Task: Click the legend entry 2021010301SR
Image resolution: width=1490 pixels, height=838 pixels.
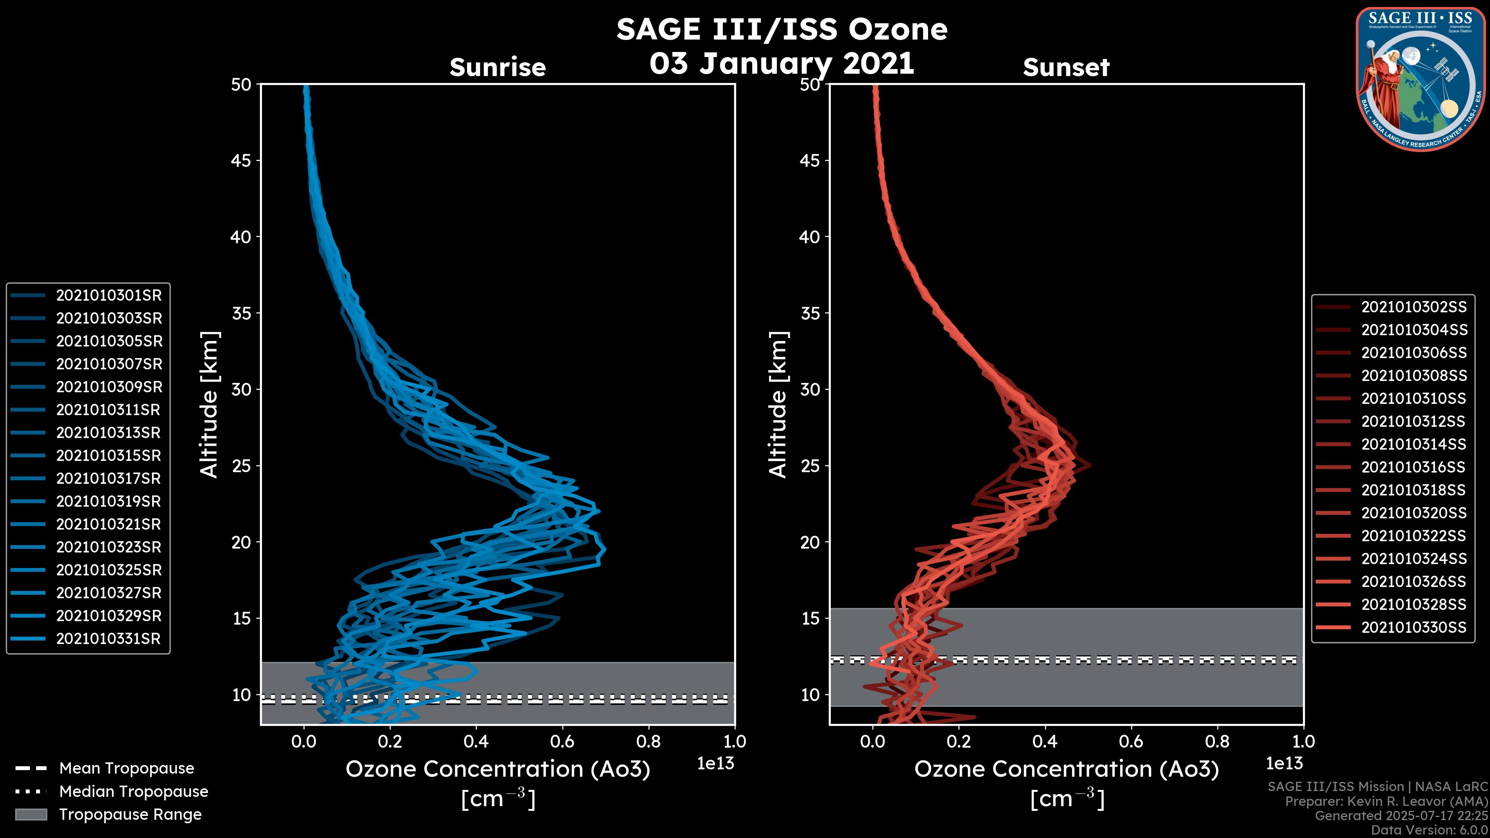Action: (109, 296)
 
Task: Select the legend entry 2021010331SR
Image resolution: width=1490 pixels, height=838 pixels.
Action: (109, 639)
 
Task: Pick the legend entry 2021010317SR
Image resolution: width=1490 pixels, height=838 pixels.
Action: (109, 479)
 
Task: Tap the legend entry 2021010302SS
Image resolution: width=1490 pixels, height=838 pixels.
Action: (1414, 307)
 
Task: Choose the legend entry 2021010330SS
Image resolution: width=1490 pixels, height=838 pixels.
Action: (1414, 627)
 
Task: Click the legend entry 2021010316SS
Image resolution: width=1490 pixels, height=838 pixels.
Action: (1414, 467)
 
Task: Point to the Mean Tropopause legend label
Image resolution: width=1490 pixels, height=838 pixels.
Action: (126, 769)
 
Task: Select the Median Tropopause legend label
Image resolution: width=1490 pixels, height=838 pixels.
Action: (133, 792)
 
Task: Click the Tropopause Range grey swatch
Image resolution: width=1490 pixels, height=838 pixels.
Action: (31, 814)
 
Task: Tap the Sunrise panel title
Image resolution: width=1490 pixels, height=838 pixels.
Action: (497, 68)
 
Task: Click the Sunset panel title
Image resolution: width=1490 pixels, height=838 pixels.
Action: (1066, 68)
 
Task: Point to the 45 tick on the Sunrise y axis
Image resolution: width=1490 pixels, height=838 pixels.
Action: (241, 161)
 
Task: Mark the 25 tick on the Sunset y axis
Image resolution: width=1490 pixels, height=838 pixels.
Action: (810, 466)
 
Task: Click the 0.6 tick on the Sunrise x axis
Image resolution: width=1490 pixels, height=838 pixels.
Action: (562, 741)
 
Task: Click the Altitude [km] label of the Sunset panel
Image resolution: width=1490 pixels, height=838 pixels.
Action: (778, 405)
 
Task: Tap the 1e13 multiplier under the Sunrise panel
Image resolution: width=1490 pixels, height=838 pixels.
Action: (715, 764)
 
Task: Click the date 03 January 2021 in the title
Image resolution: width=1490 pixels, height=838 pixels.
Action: (781, 64)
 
